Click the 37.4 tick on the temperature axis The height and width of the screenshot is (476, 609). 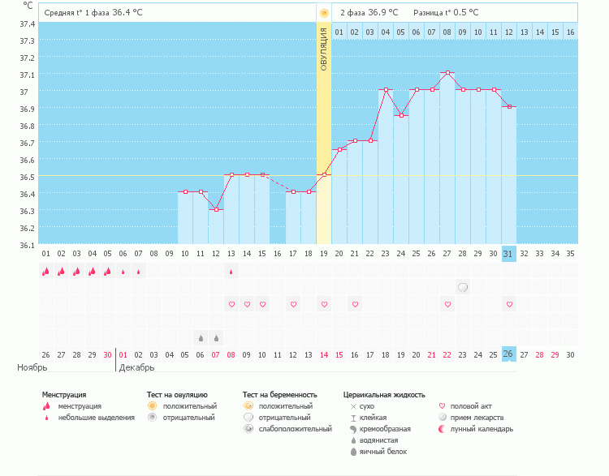pos(27,23)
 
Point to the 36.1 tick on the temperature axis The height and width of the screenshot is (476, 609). pos(27,244)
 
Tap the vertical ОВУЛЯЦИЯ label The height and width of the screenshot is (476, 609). pos(324,49)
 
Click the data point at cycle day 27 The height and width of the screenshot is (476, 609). pos(447,72)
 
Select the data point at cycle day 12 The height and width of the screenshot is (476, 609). pos(216,209)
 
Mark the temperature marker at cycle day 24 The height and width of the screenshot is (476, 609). pos(401,115)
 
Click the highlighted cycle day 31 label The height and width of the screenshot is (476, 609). pos(508,253)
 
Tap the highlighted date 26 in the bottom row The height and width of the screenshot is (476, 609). pos(508,354)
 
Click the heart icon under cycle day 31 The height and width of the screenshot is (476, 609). pos(509,304)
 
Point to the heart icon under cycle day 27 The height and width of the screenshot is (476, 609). pos(447,304)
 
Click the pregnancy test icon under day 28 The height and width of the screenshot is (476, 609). pos(463,287)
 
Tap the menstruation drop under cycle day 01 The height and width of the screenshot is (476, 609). pos(45,272)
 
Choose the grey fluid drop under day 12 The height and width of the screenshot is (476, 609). pos(216,337)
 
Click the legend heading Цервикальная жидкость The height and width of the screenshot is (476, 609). pos(384,395)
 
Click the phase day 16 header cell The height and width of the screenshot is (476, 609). pos(570,32)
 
